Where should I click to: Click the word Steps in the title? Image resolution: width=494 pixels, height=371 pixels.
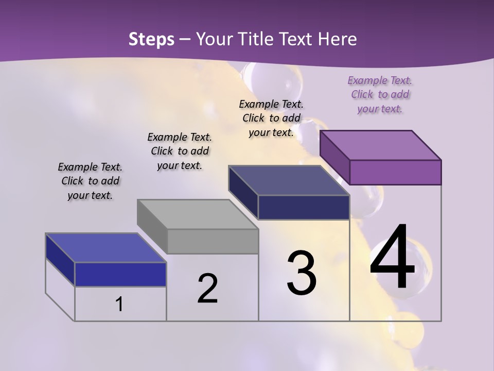151,39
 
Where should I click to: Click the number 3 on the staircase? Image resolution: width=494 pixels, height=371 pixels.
302,273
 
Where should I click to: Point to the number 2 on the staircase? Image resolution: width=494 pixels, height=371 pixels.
207,289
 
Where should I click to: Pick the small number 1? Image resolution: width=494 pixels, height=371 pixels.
119,304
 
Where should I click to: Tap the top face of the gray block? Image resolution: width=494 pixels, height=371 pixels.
198,214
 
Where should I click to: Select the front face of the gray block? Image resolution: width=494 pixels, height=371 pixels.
213,241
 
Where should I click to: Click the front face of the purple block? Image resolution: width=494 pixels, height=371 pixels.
395,172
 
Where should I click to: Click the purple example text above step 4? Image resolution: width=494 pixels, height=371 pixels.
380,95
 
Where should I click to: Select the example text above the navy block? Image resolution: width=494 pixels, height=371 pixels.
271,118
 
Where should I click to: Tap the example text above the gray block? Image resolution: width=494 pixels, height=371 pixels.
180,151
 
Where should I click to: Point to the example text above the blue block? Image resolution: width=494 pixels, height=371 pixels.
90,181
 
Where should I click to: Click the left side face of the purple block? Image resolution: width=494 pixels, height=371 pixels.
334,157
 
